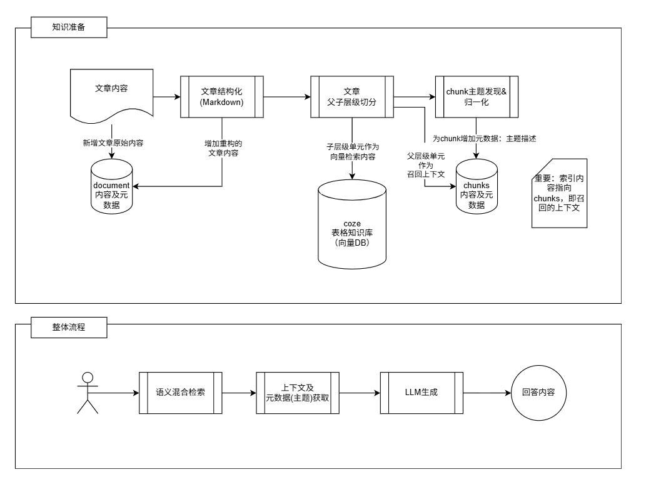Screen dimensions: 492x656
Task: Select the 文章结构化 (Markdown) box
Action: pyautogui.click(x=221, y=97)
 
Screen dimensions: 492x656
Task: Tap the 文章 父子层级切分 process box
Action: pyautogui.click(x=351, y=97)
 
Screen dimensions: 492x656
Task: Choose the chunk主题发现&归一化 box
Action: pyautogui.click(x=477, y=97)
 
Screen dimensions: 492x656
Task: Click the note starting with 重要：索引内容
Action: pyautogui.click(x=560, y=194)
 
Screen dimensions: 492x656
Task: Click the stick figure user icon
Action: pyautogui.click(x=88, y=393)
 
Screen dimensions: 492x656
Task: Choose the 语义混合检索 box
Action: pyautogui.click(x=181, y=393)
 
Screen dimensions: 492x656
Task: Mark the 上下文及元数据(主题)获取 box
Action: pyautogui.click(x=298, y=393)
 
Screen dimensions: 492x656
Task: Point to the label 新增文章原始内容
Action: pyautogui.click(x=113, y=143)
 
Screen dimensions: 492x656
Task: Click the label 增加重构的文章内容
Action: pyautogui.click(x=223, y=148)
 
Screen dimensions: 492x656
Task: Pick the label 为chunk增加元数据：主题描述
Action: pyautogui.click(x=485, y=139)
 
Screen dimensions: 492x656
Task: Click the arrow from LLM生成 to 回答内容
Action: pyautogui.click(x=487, y=393)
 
